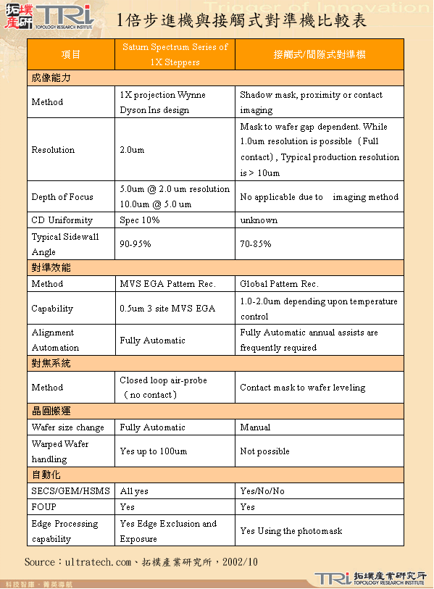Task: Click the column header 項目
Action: pos(71,55)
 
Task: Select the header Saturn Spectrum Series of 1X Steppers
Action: pos(175,54)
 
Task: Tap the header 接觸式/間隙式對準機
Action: pos(320,55)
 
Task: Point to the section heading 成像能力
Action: pos(51,78)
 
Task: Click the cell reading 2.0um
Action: pos(132,150)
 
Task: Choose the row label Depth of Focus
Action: pos(62,197)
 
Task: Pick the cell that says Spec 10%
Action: pos(140,220)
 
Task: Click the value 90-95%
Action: pos(135,244)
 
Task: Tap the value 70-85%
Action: pos(256,244)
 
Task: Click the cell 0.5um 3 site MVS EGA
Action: pos(167,309)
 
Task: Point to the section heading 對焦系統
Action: pos(51,363)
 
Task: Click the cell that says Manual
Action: pos(255,427)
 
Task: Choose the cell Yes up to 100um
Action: pos(153,451)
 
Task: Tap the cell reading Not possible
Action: pos(264,451)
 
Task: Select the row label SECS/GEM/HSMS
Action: pos(70,491)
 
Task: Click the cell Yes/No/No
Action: pos(262,491)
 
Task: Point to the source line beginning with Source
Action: pos(141,561)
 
